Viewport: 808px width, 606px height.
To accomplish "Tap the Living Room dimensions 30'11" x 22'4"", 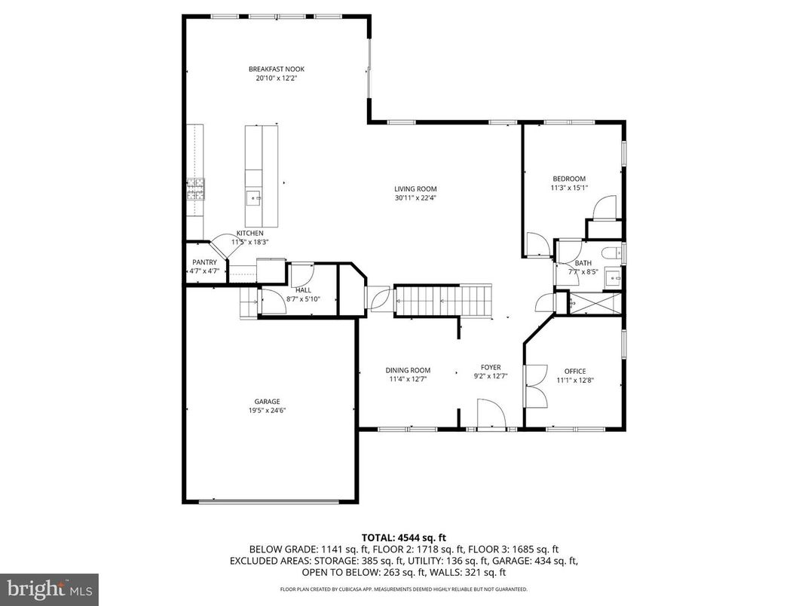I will click(x=415, y=198).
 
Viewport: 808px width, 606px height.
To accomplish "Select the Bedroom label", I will click(x=569, y=179).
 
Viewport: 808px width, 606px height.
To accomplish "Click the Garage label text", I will click(x=267, y=402).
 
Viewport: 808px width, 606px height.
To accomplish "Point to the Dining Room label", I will click(x=408, y=370).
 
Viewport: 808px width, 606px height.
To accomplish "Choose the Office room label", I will click(x=575, y=371).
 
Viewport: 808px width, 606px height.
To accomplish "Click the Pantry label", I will click(x=204, y=262).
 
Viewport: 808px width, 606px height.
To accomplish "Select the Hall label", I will click(x=303, y=289).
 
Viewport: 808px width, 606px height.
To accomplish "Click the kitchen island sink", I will click(x=254, y=199).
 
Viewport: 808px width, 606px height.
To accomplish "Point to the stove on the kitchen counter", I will click(x=196, y=188).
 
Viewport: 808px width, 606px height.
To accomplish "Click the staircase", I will click(x=443, y=300).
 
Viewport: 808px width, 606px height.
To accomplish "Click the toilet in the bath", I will click(x=611, y=252).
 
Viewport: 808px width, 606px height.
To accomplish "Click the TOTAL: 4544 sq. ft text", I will click(x=403, y=537).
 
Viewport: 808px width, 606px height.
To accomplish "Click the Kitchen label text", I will click(x=249, y=234).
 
